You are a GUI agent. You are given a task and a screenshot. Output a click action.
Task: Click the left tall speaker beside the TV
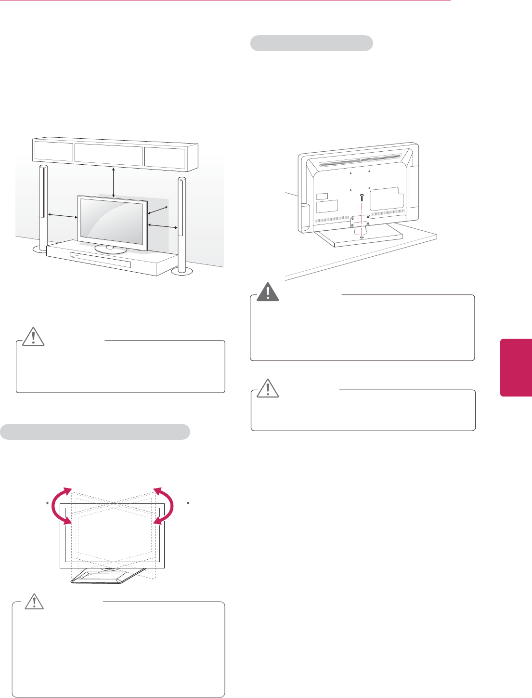coord(43,207)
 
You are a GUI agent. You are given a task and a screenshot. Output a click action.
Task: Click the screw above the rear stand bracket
coord(362,198)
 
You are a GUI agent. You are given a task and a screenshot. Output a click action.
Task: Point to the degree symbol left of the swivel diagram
coord(47,503)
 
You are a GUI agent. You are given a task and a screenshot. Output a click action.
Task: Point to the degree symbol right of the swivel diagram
coord(188,503)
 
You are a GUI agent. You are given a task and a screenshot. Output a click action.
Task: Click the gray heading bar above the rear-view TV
coord(311,43)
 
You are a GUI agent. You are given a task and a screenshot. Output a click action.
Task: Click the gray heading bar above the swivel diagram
coord(95,432)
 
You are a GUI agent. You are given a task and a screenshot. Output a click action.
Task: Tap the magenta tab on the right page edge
coord(516,367)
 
